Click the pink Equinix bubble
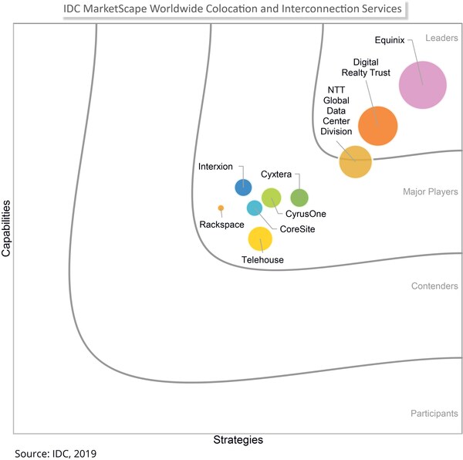[422, 86]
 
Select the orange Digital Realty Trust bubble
[377, 125]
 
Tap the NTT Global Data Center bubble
[356, 161]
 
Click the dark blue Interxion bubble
[243, 186]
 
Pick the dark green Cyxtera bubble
[299, 198]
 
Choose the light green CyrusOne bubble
[271, 198]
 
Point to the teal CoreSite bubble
[254, 208]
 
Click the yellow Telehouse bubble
[260, 238]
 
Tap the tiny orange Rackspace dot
[221, 208]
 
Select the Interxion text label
[215, 167]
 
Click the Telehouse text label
[262, 260]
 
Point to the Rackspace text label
[221, 225]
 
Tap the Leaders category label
[441, 38]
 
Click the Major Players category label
[430, 191]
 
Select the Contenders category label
[434, 286]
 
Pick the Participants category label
[434, 414]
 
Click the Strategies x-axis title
[238, 440]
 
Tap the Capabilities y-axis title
[7, 228]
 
